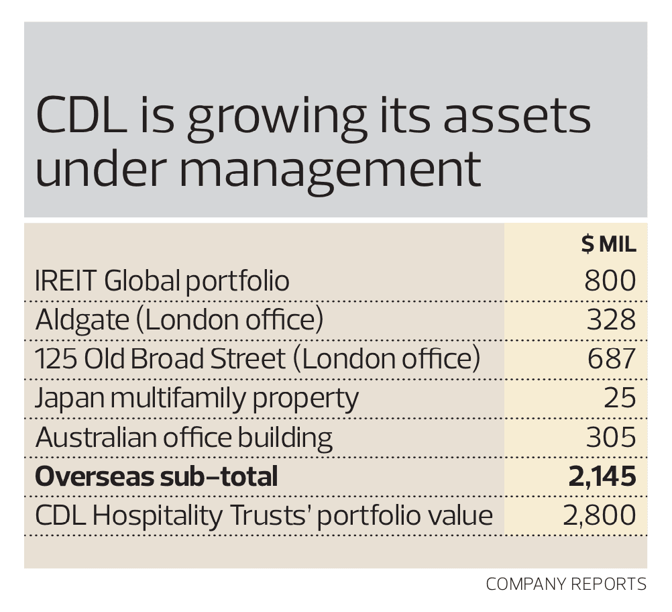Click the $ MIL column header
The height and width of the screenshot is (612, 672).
608,245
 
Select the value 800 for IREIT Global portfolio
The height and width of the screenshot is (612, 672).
610,280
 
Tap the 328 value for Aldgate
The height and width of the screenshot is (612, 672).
610,320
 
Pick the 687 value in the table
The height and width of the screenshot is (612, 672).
610,359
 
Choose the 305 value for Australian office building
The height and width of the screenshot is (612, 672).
610,438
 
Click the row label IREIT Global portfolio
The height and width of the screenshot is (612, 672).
162,280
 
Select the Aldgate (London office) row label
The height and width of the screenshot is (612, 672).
179,320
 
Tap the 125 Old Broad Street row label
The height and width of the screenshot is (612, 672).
258,359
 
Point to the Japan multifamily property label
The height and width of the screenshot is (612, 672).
197,399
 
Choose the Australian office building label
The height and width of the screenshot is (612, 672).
184,438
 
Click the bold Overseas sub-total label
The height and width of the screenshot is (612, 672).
156,476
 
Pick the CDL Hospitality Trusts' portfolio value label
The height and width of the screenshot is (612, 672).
264,515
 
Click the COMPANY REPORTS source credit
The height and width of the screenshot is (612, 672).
566,584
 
